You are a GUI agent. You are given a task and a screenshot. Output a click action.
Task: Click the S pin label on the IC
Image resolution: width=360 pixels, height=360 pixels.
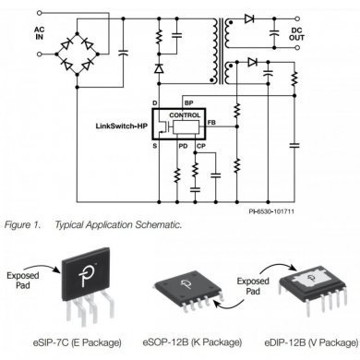pyautogui.click(x=155, y=143)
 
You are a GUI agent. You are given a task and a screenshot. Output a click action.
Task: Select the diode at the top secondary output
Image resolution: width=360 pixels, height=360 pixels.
pyautogui.click(x=249, y=18)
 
